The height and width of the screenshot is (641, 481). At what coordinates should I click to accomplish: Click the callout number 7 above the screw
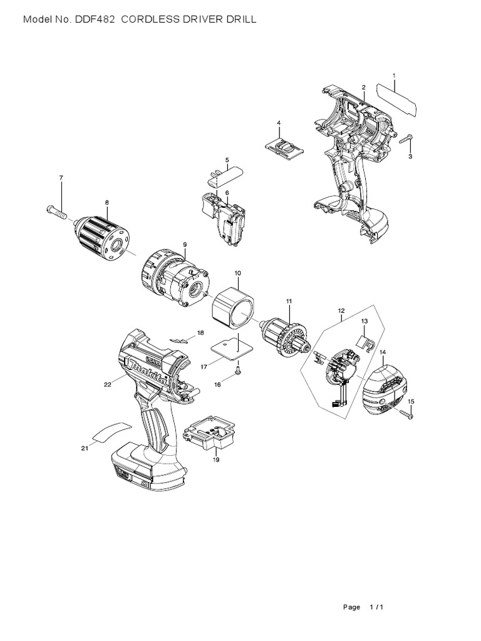(61, 178)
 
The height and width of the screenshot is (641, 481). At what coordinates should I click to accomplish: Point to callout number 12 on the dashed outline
(341, 310)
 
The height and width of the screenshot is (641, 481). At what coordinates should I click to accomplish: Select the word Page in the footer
(352, 607)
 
